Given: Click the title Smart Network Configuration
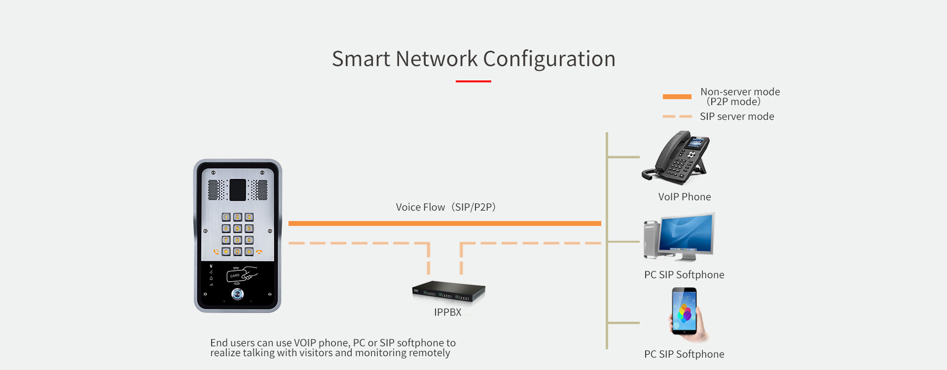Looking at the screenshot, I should pyautogui.click(x=473, y=59).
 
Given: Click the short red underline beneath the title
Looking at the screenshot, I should pyautogui.click(x=473, y=81).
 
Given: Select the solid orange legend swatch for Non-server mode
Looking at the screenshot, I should pyautogui.click(x=677, y=97).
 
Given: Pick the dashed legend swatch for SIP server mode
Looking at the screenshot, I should pyautogui.click(x=677, y=116).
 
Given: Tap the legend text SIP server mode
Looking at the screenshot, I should pyautogui.click(x=737, y=116).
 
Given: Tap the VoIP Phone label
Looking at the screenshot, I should pyautogui.click(x=685, y=197).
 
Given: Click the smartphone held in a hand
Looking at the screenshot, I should pyautogui.click(x=685, y=312).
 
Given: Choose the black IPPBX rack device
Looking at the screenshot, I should pyautogui.click(x=448, y=292).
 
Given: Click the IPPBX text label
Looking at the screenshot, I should pyautogui.click(x=448, y=312).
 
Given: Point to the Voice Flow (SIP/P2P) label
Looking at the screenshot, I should pyautogui.click(x=445, y=207).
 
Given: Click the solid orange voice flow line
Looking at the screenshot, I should pyautogui.click(x=444, y=223).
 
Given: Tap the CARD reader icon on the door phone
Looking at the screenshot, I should pyautogui.click(x=242, y=275).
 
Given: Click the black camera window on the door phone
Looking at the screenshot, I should pyautogui.click(x=238, y=190).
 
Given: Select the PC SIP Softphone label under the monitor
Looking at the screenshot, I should pyautogui.click(x=684, y=275).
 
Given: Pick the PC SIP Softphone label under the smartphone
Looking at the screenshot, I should pyautogui.click(x=684, y=354).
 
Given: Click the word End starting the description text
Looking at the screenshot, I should pyautogui.click(x=219, y=343).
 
